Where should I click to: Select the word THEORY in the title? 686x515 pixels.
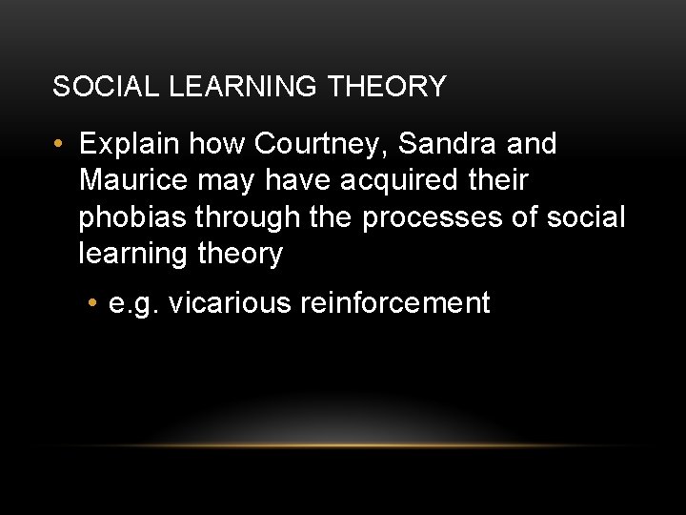(387, 87)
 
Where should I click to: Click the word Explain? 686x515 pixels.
(130, 145)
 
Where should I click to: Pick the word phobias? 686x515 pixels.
(133, 217)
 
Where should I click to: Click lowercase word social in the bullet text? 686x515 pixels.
(585, 217)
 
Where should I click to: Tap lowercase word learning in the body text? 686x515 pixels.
(134, 255)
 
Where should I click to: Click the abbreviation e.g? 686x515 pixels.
(137, 304)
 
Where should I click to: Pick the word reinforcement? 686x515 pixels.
(395, 304)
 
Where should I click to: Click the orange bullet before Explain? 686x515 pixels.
(60, 146)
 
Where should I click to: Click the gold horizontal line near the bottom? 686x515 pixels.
(343, 445)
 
